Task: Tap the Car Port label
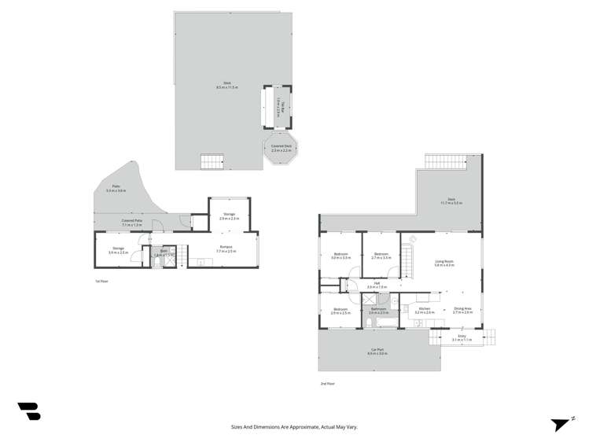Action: click(377, 350)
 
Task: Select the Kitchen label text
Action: click(425, 310)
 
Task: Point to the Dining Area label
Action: click(462, 310)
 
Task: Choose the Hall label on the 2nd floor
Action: click(377, 284)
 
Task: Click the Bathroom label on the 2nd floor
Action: click(378, 310)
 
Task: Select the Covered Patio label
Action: click(132, 222)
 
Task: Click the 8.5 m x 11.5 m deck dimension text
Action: click(227, 87)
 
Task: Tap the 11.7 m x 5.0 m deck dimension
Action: click(451, 202)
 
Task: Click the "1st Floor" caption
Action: click(101, 281)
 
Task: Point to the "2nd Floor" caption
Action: click(327, 384)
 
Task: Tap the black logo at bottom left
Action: click(29, 411)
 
